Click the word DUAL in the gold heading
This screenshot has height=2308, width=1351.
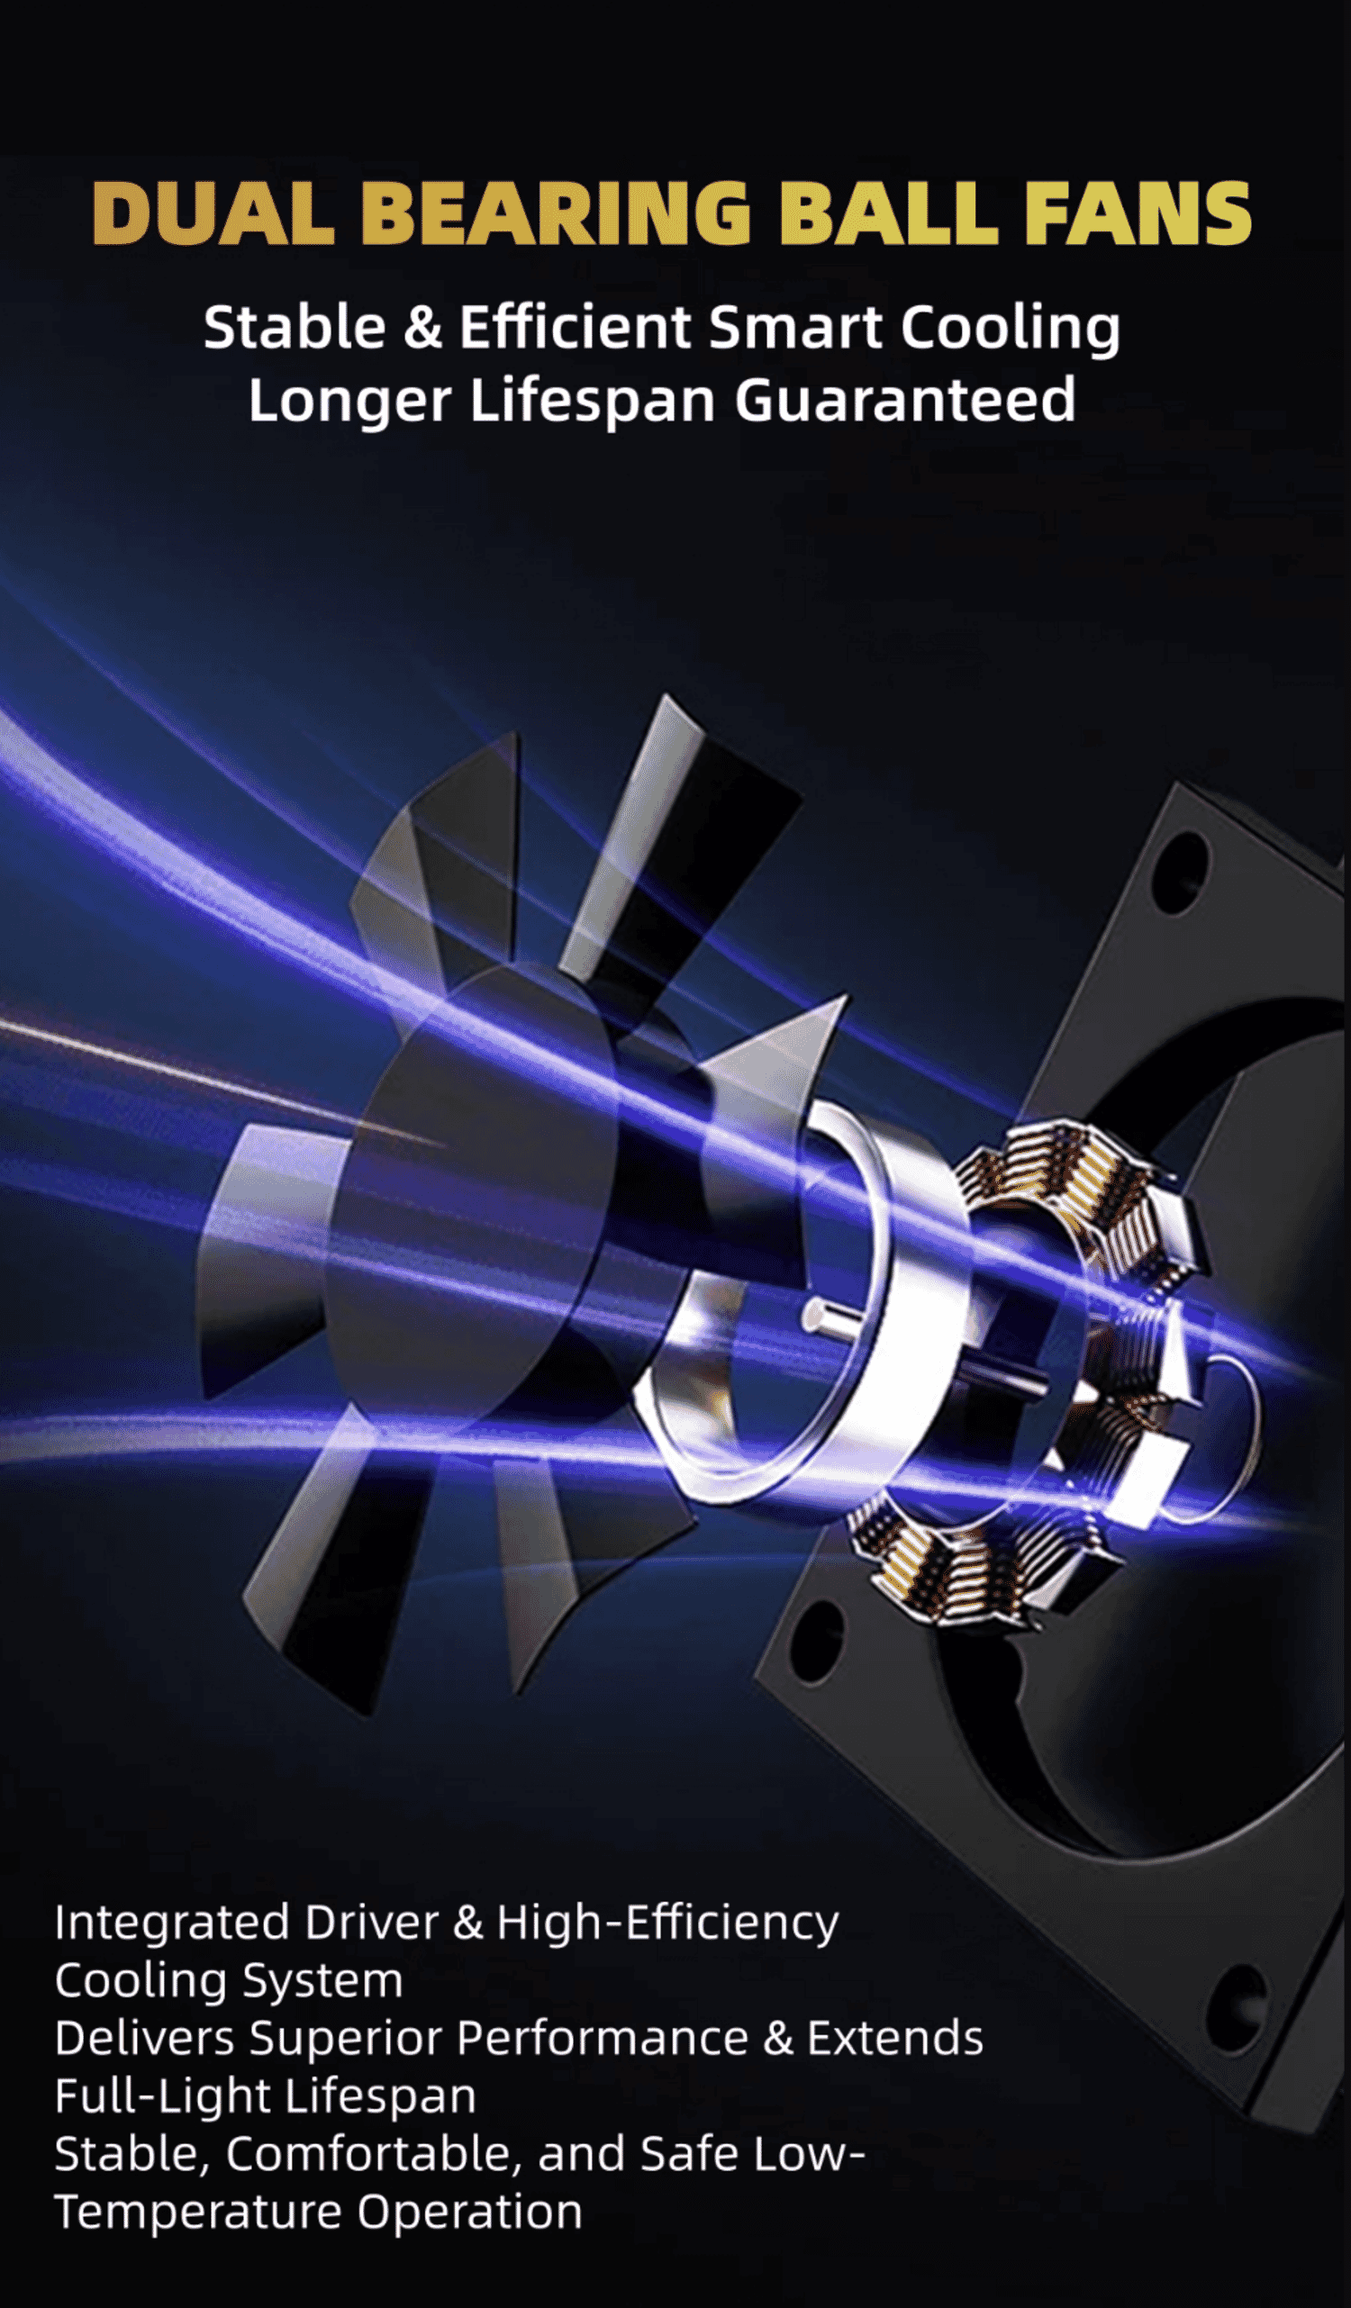213,213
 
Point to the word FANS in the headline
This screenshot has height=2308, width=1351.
1138,213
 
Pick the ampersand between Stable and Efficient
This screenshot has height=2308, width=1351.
422,328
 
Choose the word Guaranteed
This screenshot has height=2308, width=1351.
905,400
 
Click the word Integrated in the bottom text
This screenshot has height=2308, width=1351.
173,1923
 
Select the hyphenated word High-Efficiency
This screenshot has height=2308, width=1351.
666,1923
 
